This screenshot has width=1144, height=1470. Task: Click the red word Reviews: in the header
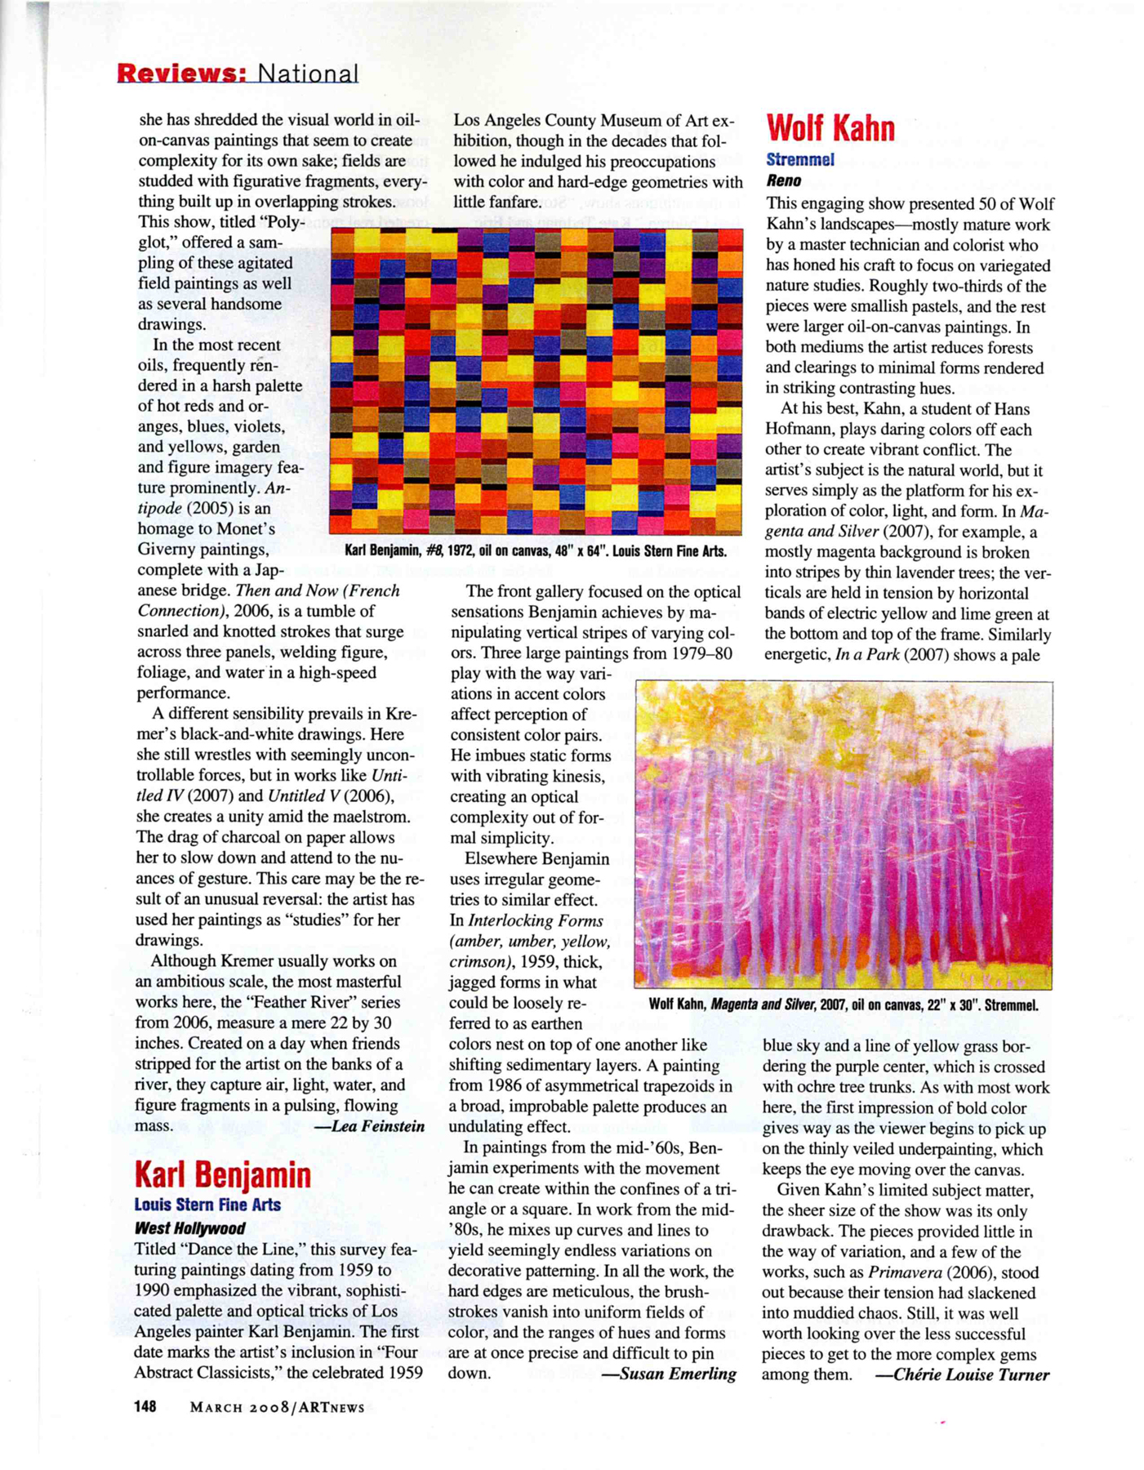180,73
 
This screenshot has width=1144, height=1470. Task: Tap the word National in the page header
308,73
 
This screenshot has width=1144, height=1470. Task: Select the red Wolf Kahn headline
830,128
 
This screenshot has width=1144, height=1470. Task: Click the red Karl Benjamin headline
222,1174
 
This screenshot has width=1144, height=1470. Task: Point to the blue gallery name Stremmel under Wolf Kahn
799,160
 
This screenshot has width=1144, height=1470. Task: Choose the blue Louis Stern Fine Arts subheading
207,1205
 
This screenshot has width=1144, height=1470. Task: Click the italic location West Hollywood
189,1228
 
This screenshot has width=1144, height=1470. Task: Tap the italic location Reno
783,181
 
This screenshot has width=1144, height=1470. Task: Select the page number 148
145,1406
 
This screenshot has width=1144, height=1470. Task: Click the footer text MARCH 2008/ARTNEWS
277,1407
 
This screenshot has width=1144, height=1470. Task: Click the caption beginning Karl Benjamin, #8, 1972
535,551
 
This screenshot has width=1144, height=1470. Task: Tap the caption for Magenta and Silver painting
843,1004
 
